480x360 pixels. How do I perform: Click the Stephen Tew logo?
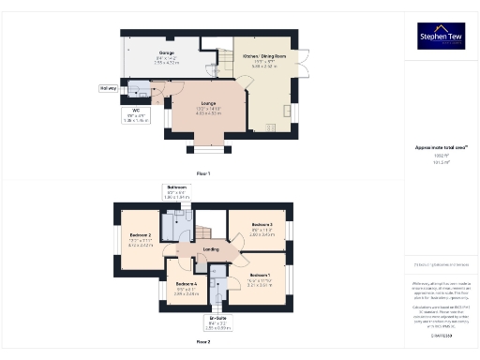pos(440,37)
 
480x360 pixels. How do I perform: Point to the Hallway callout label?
pos(108,89)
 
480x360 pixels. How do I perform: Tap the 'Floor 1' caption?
pos(203,173)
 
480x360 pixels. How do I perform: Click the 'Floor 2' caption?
pos(203,341)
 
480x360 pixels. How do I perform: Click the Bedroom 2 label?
pos(141,239)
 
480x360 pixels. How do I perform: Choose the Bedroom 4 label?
pos(187,289)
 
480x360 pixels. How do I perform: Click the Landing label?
pos(212,249)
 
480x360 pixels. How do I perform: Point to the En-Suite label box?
pos(217,324)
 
